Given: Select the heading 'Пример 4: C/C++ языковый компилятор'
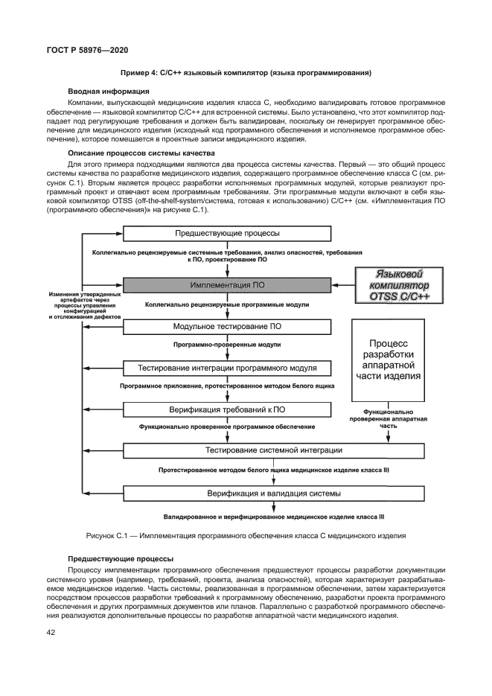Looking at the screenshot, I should point(246,73).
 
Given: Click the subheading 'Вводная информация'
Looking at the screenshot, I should point(106,92).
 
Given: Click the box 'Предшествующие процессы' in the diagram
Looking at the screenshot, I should point(226,233).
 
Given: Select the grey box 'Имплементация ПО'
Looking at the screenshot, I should point(226,285).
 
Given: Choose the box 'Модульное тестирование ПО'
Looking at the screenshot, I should point(226,326).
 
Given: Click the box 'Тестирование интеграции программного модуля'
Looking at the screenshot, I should point(226,368).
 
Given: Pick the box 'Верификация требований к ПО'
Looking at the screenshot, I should point(226,409).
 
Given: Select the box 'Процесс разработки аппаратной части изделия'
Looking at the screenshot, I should point(392,360).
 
